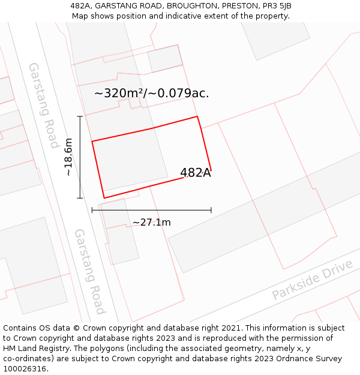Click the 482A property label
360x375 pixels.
[196, 173]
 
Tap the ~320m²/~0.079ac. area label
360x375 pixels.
[152, 93]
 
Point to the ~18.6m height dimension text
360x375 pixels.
[68, 157]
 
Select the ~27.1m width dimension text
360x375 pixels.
[152, 223]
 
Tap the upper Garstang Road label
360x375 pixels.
[44, 105]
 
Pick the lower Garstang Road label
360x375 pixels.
[89, 271]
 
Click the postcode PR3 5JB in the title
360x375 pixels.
[277, 5]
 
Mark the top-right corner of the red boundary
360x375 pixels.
[197, 116]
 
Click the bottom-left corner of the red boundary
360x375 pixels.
[104, 198]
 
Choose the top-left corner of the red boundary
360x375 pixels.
[92, 142]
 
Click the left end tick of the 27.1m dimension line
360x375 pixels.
[92, 210]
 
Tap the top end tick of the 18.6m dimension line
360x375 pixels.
[80, 116]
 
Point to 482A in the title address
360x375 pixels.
[81, 5]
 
